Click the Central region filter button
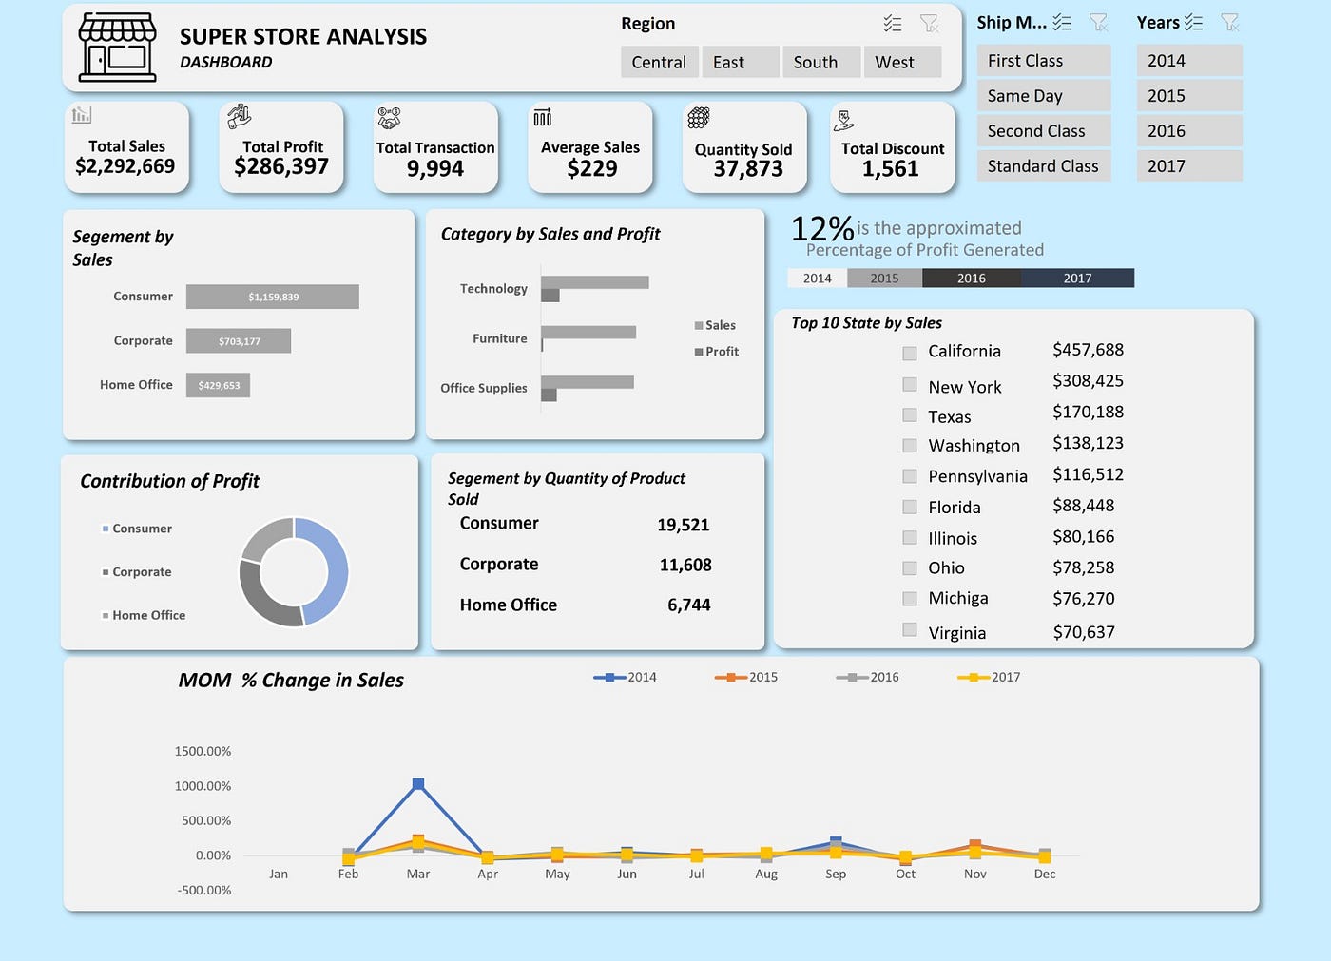(x=659, y=62)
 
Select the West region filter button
(x=900, y=62)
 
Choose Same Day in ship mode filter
(x=1043, y=96)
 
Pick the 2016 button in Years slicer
(x=1187, y=131)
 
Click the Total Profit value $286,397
(x=281, y=167)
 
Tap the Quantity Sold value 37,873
(x=748, y=169)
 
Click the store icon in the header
(x=118, y=48)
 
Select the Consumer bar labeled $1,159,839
(x=273, y=297)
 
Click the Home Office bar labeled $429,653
(x=219, y=385)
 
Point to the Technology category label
(x=493, y=289)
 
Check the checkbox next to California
(x=910, y=353)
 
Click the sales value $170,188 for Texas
(x=1088, y=412)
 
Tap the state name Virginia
(x=956, y=633)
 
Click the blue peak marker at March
(x=418, y=784)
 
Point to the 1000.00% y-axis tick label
(x=203, y=786)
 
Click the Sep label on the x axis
(x=836, y=874)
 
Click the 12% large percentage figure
(x=822, y=229)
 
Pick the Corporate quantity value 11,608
(x=685, y=565)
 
